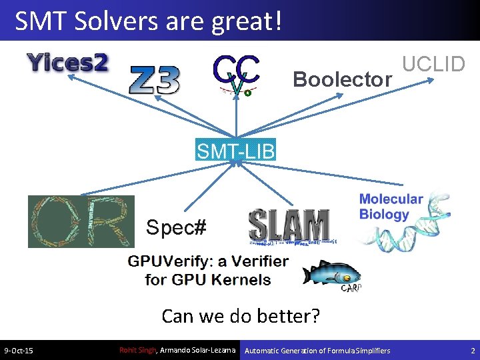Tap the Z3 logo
pos(154,80)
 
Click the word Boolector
pos(342,80)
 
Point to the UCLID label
pos(433,64)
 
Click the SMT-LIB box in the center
pos(235,151)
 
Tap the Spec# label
pos(176,228)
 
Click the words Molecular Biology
pos(391,207)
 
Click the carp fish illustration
pos(331,274)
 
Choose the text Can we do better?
pos(241,315)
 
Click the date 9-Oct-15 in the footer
pos(19,351)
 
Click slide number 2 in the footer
pos(471,351)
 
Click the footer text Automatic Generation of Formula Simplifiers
pos(318,351)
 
